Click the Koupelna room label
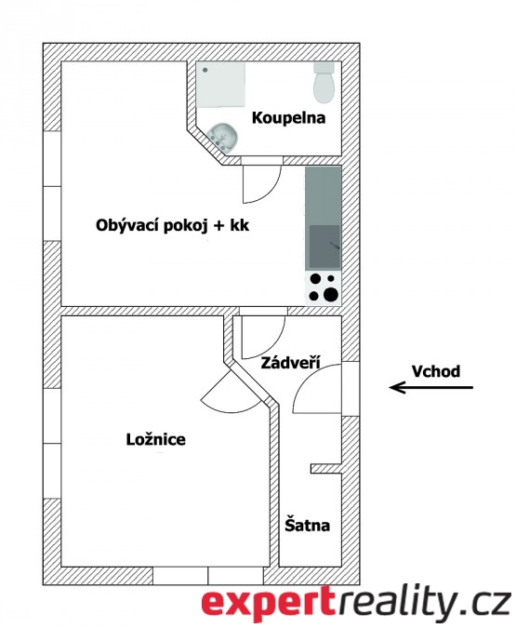[288, 118]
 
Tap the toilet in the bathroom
[324, 83]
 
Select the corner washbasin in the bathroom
[222, 137]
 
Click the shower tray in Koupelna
[220, 84]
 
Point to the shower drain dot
[205, 70]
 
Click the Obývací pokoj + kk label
[173, 225]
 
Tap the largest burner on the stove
[331, 295]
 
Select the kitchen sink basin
[324, 246]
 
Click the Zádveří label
[290, 363]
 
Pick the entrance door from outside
[317, 389]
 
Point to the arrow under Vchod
[431, 387]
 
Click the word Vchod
[436, 371]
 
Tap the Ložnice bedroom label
[155, 439]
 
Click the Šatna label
[308, 525]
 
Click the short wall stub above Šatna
[326, 469]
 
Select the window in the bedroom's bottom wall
[208, 576]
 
